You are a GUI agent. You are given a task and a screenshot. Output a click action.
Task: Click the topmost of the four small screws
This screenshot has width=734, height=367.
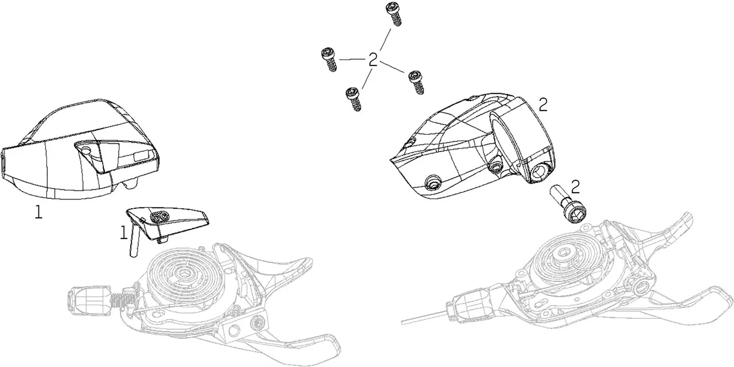click(x=393, y=14)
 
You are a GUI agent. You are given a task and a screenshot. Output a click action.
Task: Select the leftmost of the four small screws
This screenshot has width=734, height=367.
click(x=329, y=59)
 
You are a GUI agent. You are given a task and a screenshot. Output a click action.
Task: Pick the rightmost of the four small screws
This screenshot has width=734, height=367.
click(x=416, y=82)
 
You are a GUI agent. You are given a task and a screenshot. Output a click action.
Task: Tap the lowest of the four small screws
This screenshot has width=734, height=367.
click(x=354, y=99)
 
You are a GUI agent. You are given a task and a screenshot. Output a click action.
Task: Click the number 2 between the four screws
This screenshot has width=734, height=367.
click(x=373, y=60)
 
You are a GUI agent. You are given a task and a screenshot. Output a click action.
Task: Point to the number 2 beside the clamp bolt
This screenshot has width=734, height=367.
click(x=575, y=186)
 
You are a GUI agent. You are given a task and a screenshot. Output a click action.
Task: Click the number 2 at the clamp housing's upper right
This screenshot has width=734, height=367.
click(x=543, y=105)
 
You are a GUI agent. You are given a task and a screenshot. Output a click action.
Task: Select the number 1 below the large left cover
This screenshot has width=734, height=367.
click(x=38, y=212)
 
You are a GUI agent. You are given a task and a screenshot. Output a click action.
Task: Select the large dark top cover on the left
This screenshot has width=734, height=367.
click(x=80, y=149)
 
